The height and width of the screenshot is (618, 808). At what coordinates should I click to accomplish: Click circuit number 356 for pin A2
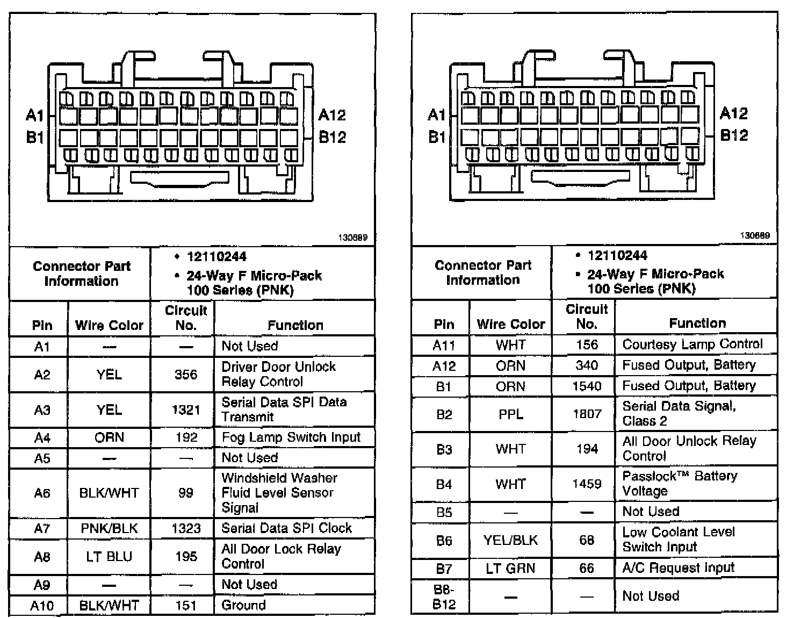point(186,375)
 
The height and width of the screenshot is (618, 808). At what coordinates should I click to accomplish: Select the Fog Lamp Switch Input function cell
point(291,437)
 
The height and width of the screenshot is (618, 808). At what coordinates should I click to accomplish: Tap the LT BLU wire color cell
point(109,557)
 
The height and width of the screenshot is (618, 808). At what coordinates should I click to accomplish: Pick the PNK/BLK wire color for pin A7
point(109,528)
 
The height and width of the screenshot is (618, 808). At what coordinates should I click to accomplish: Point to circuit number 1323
point(186,528)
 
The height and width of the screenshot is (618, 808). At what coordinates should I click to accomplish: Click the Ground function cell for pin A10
point(243,605)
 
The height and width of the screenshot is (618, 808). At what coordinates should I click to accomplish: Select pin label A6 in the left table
point(42,493)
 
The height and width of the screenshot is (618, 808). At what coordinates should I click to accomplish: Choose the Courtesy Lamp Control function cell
point(692,344)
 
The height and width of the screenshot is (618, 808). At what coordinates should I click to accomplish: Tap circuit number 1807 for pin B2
point(587,414)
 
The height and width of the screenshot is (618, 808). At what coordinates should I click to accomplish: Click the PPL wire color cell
point(510,414)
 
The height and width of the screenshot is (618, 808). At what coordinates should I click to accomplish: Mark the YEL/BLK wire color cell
point(510,540)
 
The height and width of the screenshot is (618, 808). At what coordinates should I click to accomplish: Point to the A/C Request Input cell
point(678,568)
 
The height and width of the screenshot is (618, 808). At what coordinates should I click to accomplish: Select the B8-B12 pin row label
point(444,597)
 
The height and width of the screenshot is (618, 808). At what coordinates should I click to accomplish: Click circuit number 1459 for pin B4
point(587,484)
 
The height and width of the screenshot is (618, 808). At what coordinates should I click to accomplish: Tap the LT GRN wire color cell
point(510,568)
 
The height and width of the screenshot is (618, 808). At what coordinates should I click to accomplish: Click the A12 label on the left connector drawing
point(332,115)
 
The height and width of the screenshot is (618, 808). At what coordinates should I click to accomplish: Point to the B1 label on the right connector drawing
point(437,138)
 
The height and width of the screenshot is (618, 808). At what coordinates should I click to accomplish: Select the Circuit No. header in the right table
point(587,317)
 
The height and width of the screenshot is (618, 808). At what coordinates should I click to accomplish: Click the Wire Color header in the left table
point(109,325)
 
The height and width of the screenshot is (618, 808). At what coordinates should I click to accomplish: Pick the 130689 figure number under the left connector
point(353,238)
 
